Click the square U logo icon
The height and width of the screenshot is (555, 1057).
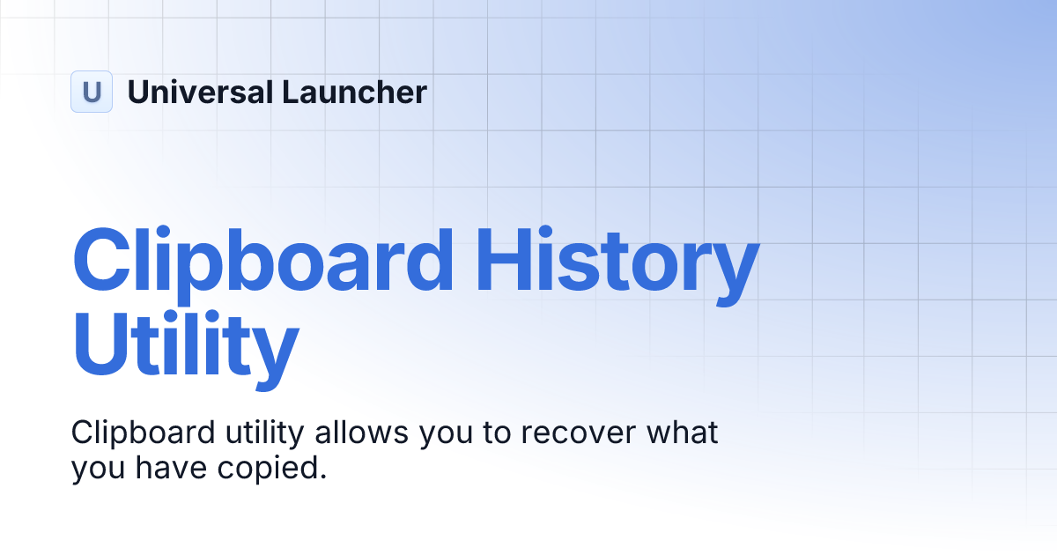tap(92, 92)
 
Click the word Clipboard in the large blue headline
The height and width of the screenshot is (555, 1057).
tap(263, 262)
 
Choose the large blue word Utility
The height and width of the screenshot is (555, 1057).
tap(185, 350)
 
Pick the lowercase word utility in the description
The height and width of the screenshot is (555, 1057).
tap(255, 433)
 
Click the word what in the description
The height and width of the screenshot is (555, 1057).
tap(684, 433)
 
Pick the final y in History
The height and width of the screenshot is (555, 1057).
tap(730, 273)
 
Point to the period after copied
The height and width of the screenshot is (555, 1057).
tap(322, 477)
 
